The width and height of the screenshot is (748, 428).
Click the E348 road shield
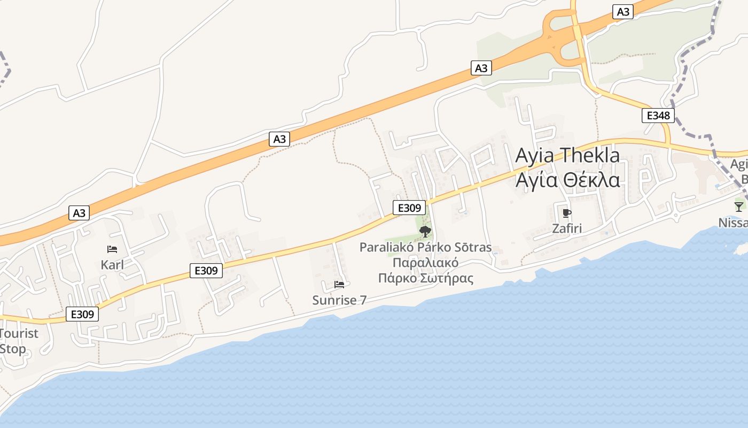pos(658,116)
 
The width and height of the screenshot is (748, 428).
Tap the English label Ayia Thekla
pos(567,156)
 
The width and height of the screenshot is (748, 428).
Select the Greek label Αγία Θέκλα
pos(567,180)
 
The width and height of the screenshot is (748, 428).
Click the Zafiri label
pos(567,229)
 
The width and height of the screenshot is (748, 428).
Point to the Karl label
pos(112,265)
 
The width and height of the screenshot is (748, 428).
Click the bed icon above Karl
pos(112,249)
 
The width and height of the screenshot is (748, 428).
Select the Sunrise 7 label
pos(339,300)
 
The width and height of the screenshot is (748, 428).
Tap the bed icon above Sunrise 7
pos(339,285)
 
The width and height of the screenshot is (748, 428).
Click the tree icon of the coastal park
pos(425,232)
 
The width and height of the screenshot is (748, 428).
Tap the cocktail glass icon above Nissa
pos(739,207)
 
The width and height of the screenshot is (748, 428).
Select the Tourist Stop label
pos(18,341)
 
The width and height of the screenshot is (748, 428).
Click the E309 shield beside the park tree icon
pos(409,208)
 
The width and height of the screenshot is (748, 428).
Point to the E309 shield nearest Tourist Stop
pos(82,314)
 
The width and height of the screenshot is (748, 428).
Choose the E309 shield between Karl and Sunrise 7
pos(206,271)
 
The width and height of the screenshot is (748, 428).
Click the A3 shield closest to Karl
pos(79,213)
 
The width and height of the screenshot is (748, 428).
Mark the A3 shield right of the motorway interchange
pos(623,12)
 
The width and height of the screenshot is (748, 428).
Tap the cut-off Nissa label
pos(734,223)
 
